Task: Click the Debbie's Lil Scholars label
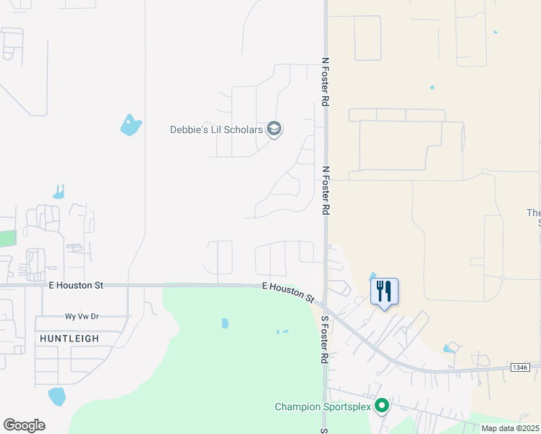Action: pos(216,130)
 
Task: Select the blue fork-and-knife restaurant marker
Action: pos(384,292)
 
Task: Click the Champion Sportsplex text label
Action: pos(323,407)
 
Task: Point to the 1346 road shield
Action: pos(519,367)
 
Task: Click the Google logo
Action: pos(24,425)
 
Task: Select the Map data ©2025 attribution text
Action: pos(511,428)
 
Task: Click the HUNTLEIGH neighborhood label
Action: pos(69,339)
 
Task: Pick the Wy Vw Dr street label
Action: pos(81,317)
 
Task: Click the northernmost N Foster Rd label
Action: pos(325,83)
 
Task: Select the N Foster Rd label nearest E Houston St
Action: pos(325,190)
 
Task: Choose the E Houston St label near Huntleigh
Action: pos(76,286)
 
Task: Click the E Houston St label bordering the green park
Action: pos(289,292)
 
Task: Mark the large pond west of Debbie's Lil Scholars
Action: pos(131,126)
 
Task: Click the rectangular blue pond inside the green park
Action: pos(225,323)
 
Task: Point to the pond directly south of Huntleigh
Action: pos(56,396)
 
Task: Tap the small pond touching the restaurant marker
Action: pos(372,275)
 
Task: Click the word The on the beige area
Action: pos(533,213)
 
